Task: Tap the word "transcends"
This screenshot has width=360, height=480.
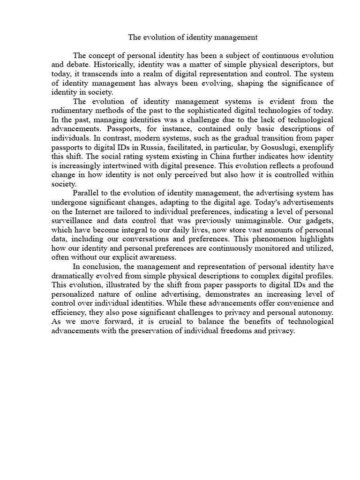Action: (101, 74)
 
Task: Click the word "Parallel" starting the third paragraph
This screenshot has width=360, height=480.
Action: (87, 193)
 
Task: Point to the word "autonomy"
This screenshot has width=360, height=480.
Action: (316, 312)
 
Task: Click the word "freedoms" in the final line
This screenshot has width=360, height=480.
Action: (259, 330)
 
